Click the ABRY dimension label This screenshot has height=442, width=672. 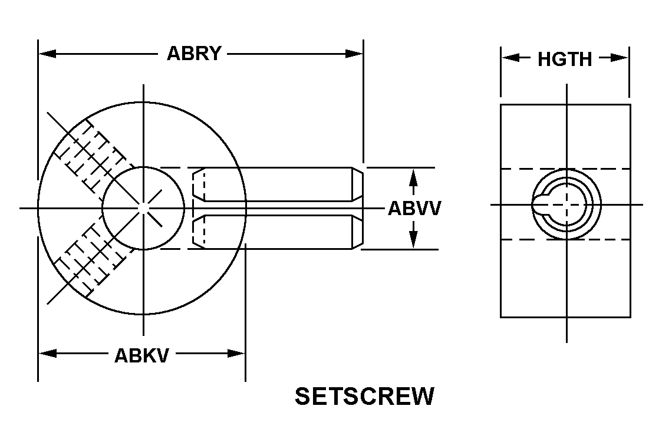point(194,54)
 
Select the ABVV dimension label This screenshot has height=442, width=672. point(414,209)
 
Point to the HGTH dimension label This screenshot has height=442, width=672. point(564,59)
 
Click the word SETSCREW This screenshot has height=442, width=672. point(364,397)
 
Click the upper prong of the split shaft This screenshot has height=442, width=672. point(277,184)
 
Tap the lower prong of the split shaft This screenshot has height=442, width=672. point(277,232)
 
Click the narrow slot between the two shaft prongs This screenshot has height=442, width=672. point(277,208)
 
